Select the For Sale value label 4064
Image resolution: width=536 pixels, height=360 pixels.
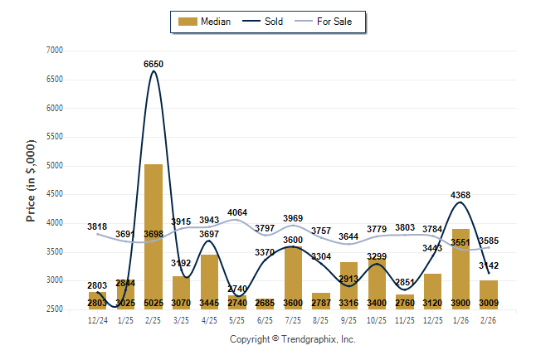click(x=237, y=213)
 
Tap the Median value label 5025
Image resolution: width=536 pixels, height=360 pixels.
click(x=153, y=304)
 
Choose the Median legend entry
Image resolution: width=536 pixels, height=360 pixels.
click(x=202, y=22)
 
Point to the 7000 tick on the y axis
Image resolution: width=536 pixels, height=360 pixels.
click(x=54, y=51)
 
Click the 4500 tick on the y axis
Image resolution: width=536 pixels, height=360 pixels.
click(x=54, y=194)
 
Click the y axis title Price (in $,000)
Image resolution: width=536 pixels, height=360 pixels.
click(x=31, y=180)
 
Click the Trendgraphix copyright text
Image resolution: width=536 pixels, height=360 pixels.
click(x=292, y=339)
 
